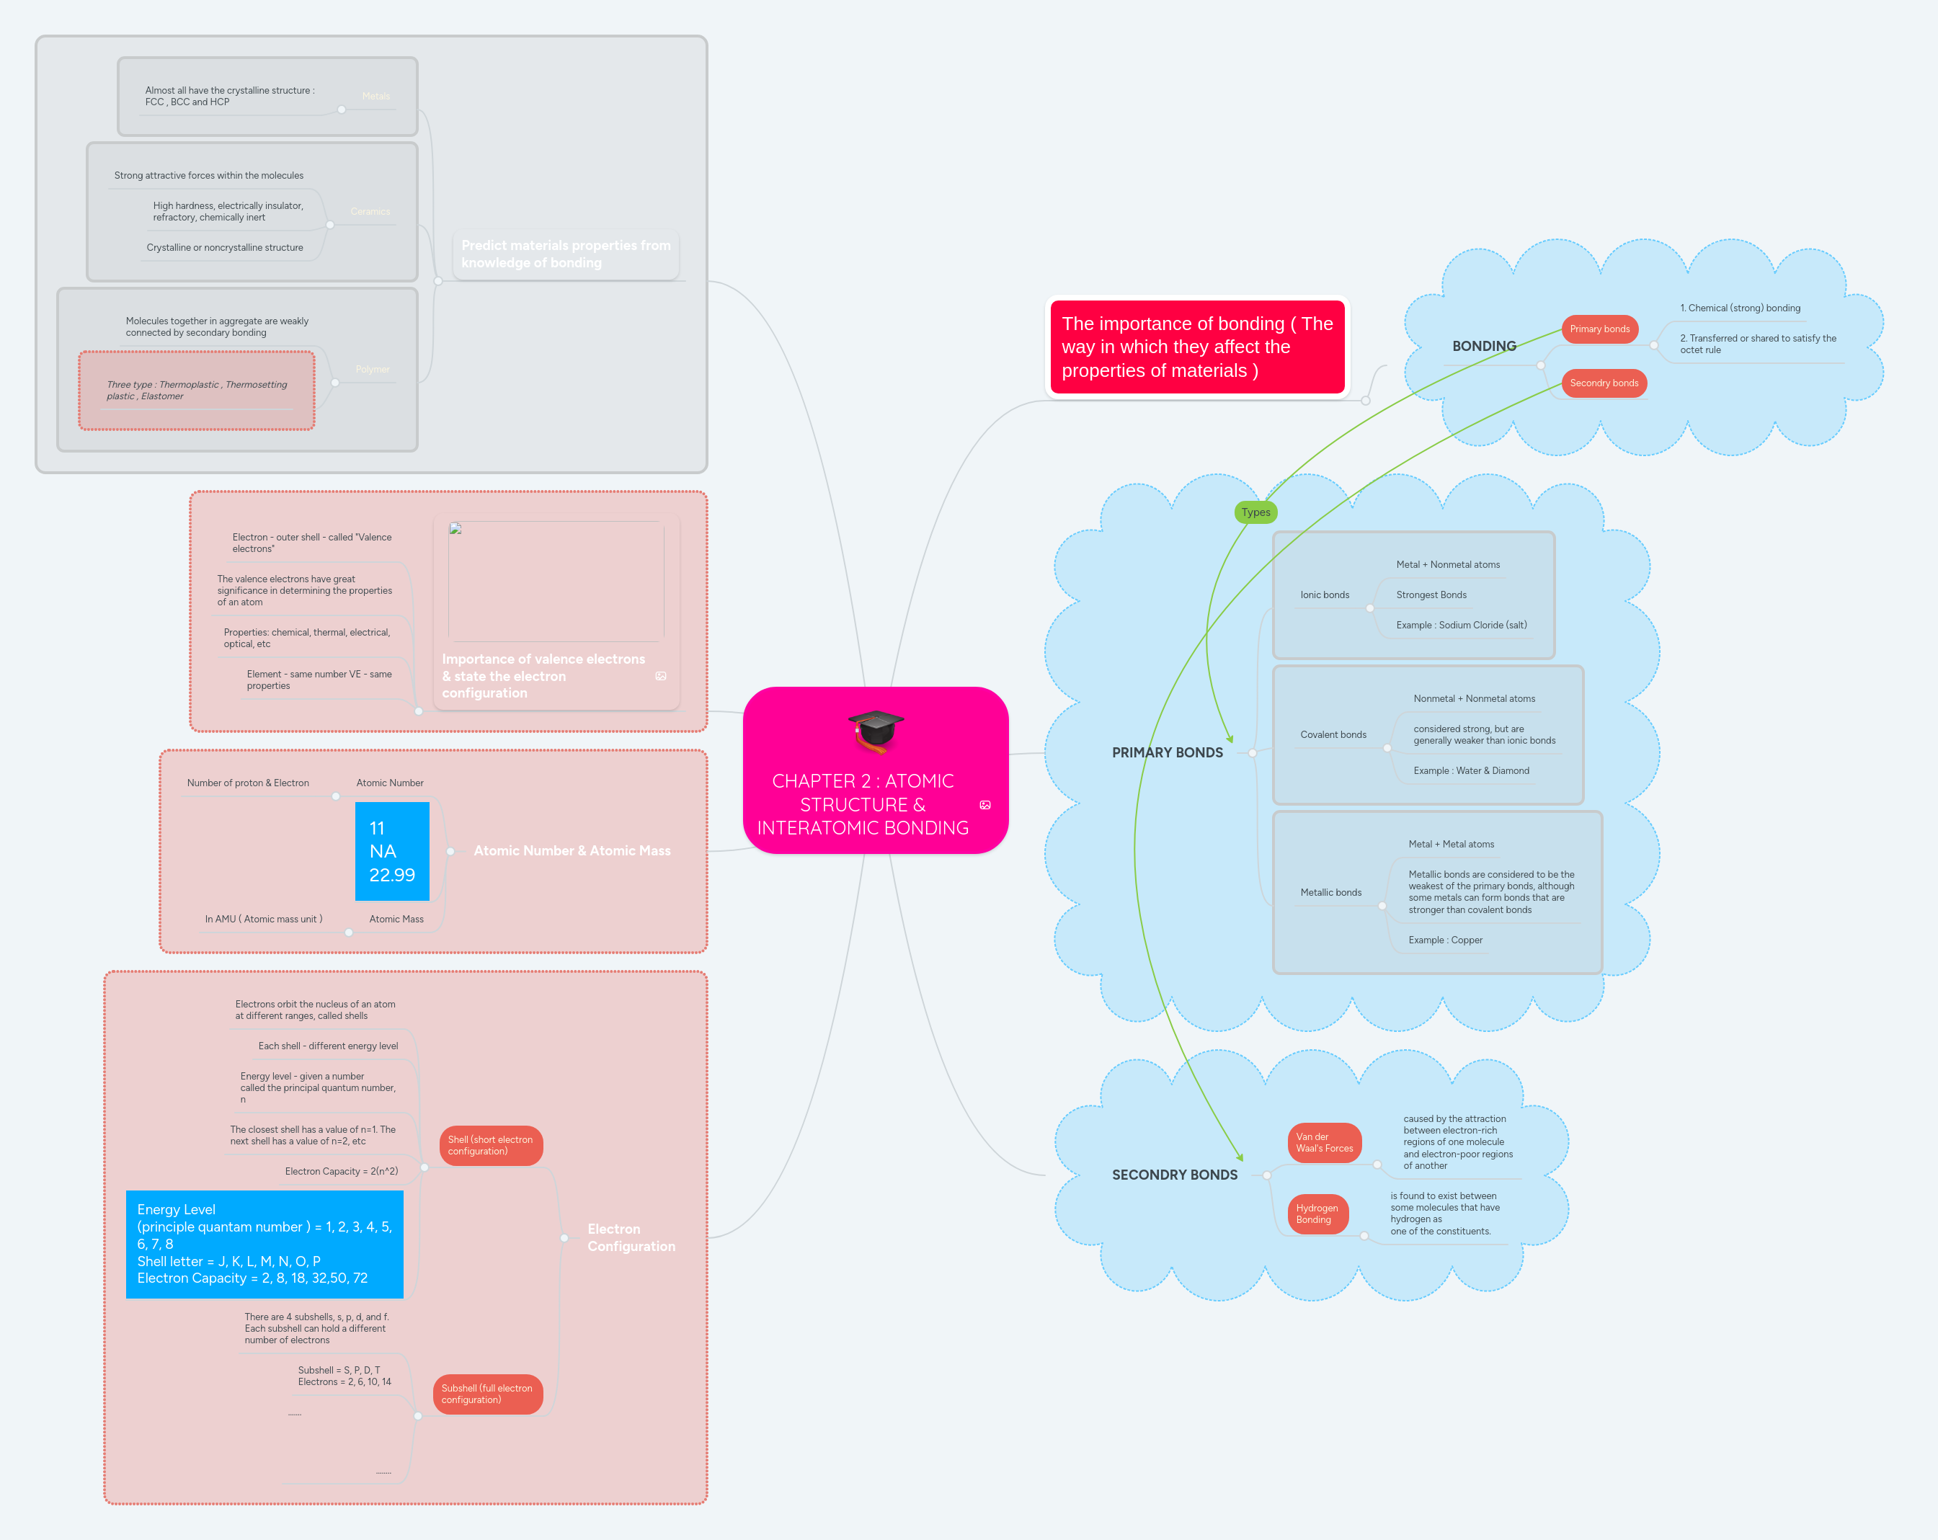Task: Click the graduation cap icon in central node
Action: pyautogui.click(x=876, y=730)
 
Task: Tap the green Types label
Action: pyautogui.click(x=1255, y=512)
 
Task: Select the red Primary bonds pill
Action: pyautogui.click(x=1599, y=329)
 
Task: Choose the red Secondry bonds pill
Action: pyautogui.click(x=1603, y=383)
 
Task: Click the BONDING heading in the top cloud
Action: pyautogui.click(x=1483, y=346)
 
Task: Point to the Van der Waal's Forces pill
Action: pyautogui.click(x=1323, y=1143)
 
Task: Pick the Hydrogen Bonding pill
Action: pyautogui.click(x=1316, y=1214)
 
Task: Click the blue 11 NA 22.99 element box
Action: pyautogui.click(x=392, y=851)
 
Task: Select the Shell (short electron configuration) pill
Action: pyautogui.click(x=490, y=1145)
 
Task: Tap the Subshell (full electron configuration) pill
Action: pyautogui.click(x=486, y=1394)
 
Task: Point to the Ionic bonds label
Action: pyautogui.click(x=1324, y=595)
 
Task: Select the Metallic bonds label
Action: pyautogui.click(x=1330, y=893)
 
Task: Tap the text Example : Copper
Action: pyautogui.click(x=1444, y=940)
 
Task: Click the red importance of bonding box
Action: pyautogui.click(x=1196, y=347)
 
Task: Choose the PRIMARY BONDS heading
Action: pyautogui.click(x=1167, y=752)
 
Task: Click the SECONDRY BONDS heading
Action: pyautogui.click(x=1174, y=1175)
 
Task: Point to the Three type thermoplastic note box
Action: pyautogui.click(x=197, y=390)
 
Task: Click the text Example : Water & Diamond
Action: pyautogui.click(x=1470, y=770)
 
